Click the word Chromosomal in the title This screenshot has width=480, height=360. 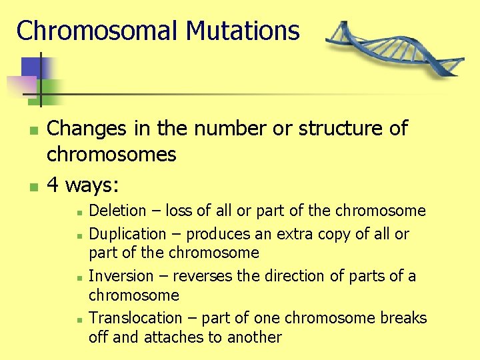98,31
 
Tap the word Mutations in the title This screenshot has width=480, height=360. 243,31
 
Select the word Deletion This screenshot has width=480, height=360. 117,211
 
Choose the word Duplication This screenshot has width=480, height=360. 127,234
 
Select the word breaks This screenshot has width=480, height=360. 403,318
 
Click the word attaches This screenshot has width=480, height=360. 173,337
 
